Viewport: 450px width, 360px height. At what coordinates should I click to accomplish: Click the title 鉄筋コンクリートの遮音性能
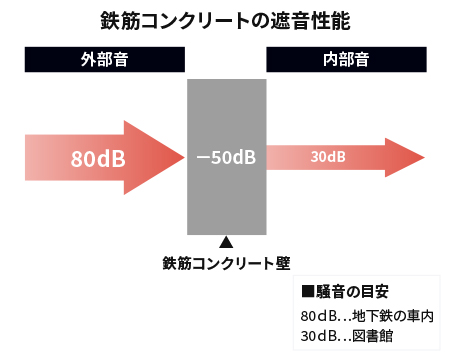click(225, 20)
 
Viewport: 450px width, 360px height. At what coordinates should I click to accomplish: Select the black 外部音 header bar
click(105, 59)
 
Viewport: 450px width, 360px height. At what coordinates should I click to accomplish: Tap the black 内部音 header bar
click(346, 59)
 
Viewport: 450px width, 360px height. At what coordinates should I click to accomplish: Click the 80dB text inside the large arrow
click(98, 158)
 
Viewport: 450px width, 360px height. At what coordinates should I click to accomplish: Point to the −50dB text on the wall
click(226, 158)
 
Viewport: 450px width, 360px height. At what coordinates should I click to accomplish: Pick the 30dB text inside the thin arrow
click(328, 158)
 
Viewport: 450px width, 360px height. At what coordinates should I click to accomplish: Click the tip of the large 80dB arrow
click(182, 157)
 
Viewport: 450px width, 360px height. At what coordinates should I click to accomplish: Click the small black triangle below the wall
click(226, 242)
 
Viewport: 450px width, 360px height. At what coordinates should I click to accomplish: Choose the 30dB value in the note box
click(319, 336)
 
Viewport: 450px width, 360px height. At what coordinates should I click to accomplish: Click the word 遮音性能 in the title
click(316, 20)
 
